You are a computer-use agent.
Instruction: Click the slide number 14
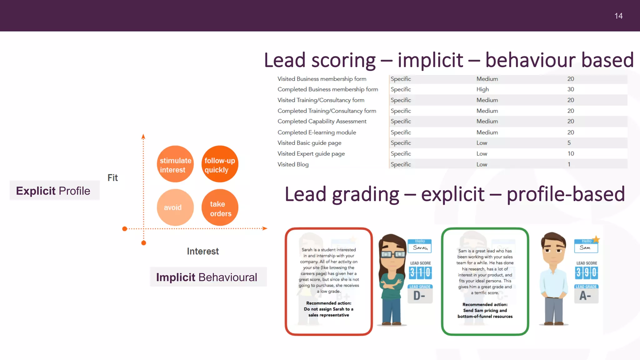pyautogui.click(x=618, y=16)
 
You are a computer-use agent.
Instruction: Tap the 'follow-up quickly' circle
pyautogui.click(x=220, y=164)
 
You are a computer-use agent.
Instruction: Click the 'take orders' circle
pyautogui.click(x=220, y=208)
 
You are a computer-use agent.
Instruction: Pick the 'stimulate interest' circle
pyautogui.click(x=175, y=164)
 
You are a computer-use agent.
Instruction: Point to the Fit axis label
pyautogui.click(x=112, y=178)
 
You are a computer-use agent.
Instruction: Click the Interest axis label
pyautogui.click(x=203, y=251)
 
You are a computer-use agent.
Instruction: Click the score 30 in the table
pyautogui.click(x=571, y=89)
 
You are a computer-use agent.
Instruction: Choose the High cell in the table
pyautogui.click(x=482, y=89)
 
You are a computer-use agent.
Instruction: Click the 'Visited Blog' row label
pyautogui.click(x=293, y=164)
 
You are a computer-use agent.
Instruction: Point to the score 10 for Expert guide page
pyautogui.click(x=571, y=154)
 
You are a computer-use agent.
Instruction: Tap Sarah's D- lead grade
pyautogui.click(x=419, y=295)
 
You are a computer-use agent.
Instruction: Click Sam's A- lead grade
pyautogui.click(x=585, y=295)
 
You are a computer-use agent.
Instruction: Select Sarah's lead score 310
pyautogui.click(x=420, y=273)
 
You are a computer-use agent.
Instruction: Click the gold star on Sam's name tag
pyautogui.click(x=596, y=239)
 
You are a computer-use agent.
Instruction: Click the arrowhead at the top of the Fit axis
pyautogui.click(x=143, y=137)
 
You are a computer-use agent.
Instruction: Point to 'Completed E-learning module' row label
pyautogui.click(x=317, y=132)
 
